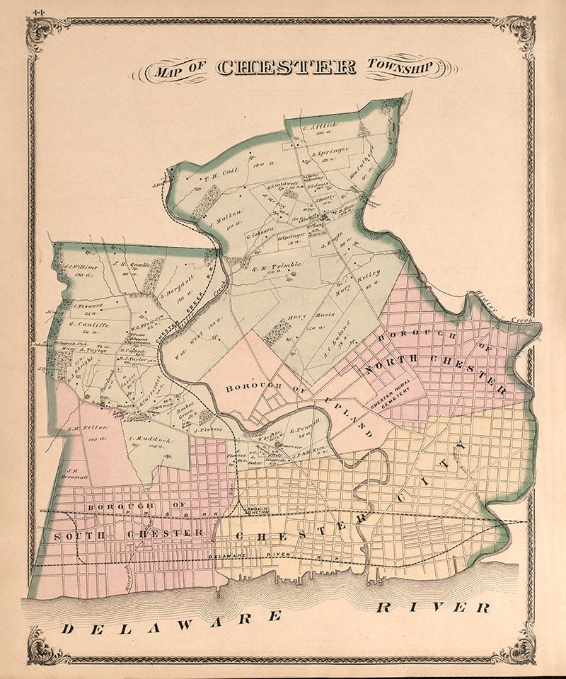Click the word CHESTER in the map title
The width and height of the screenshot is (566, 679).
(286, 67)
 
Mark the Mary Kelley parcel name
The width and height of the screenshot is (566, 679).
(357, 279)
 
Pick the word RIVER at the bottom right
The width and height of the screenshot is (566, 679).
(432, 607)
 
